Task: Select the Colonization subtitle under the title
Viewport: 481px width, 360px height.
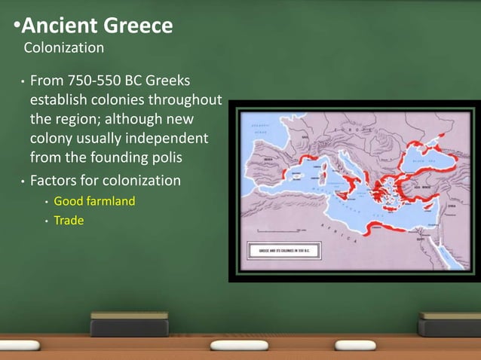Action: (63, 48)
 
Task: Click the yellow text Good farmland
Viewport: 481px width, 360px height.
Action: (94, 202)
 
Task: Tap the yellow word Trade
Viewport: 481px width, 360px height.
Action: (69, 221)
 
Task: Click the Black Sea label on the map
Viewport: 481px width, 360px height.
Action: (427, 159)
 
